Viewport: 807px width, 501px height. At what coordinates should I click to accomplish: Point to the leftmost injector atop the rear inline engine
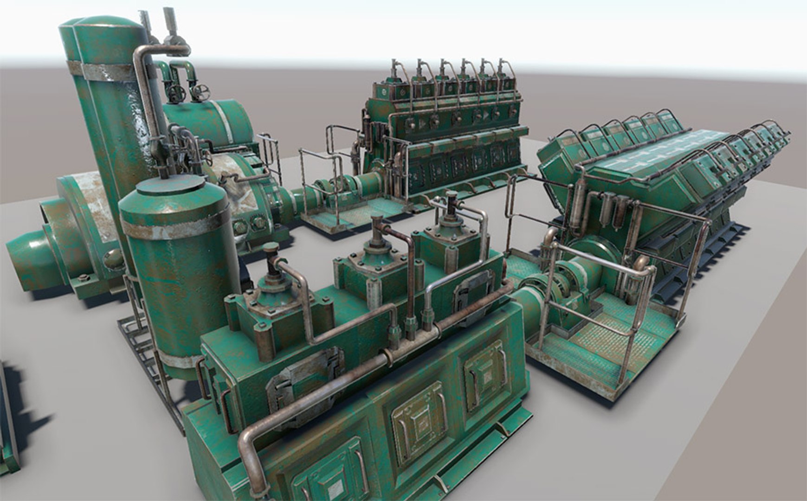pos(396,70)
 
